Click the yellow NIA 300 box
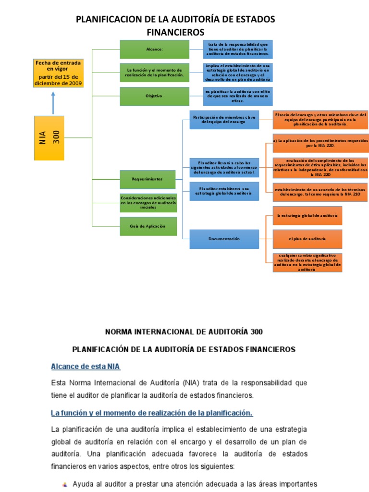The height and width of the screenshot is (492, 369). click(x=49, y=138)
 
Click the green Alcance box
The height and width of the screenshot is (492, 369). click(x=154, y=49)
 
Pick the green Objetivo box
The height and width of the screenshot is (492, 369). click(x=154, y=96)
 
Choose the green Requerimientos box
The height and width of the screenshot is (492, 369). click(x=147, y=179)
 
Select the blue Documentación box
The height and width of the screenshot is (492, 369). click(x=224, y=239)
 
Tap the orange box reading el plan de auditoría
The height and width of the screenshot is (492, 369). click(x=307, y=239)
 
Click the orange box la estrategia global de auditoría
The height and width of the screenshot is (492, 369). click(x=307, y=216)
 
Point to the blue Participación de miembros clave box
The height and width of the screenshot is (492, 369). click(x=224, y=120)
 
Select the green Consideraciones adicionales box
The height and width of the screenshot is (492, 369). click(x=148, y=202)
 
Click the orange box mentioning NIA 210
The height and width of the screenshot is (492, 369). click(x=320, y=192)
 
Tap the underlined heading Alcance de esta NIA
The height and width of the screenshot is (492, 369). click(x=86, y=367)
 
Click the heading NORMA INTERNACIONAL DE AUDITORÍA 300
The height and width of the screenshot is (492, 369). click(x=184, y=332)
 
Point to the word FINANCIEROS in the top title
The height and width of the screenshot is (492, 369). click(x=175, y=32)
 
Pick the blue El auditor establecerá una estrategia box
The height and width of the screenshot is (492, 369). click(x=224, y=191)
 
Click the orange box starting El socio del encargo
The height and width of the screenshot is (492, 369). click(x=320, y=120)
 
